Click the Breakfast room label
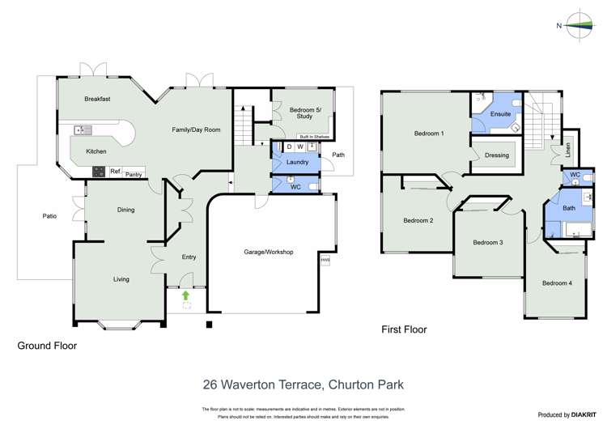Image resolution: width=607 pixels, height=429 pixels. coord(97,99)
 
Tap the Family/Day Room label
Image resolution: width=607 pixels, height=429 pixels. coord(196,130)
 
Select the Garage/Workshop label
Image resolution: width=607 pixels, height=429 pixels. coord(269,252)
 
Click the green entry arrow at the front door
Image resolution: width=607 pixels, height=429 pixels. coord(186,295)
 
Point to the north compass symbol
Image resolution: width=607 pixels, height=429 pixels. coord(580,25)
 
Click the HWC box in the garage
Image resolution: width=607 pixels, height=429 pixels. coord(325,260)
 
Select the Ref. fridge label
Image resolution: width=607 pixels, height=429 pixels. coord(115,172)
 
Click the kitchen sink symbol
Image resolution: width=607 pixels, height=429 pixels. coord(83,130)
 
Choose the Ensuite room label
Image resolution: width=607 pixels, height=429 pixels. coord(500,114)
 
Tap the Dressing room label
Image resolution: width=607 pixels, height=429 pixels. coord(496,155)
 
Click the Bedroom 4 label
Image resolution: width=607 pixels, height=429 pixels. coord(557,282)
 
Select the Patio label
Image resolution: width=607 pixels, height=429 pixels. coord(49,216)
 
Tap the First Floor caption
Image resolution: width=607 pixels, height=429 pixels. coord(404,329)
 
